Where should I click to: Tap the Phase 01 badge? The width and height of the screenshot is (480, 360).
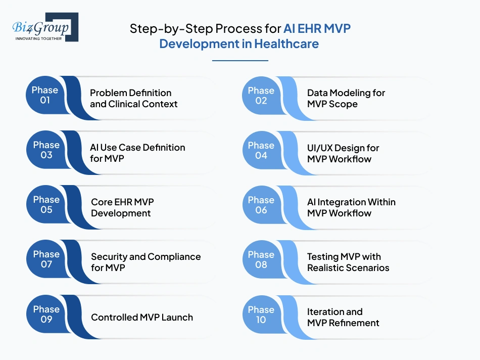(45, 95)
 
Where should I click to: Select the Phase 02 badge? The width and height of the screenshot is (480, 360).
(261, 96)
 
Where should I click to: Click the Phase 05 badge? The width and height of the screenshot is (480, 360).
(46, 204)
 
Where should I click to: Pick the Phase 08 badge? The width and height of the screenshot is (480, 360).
(261, 259)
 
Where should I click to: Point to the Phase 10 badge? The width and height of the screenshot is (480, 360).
(261, 314)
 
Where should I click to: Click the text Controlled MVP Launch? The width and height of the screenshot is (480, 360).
(142, 318)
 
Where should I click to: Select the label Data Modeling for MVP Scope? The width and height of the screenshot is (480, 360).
(346, 99)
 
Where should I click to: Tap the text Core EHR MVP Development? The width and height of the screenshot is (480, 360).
(122, 207)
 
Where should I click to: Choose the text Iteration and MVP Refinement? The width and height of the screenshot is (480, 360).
(343, 317)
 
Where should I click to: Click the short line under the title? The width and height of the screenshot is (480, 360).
(239, 61)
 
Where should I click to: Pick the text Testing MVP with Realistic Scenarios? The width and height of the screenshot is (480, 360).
(348, 262)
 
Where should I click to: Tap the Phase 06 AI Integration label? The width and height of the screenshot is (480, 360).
(351, 207)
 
